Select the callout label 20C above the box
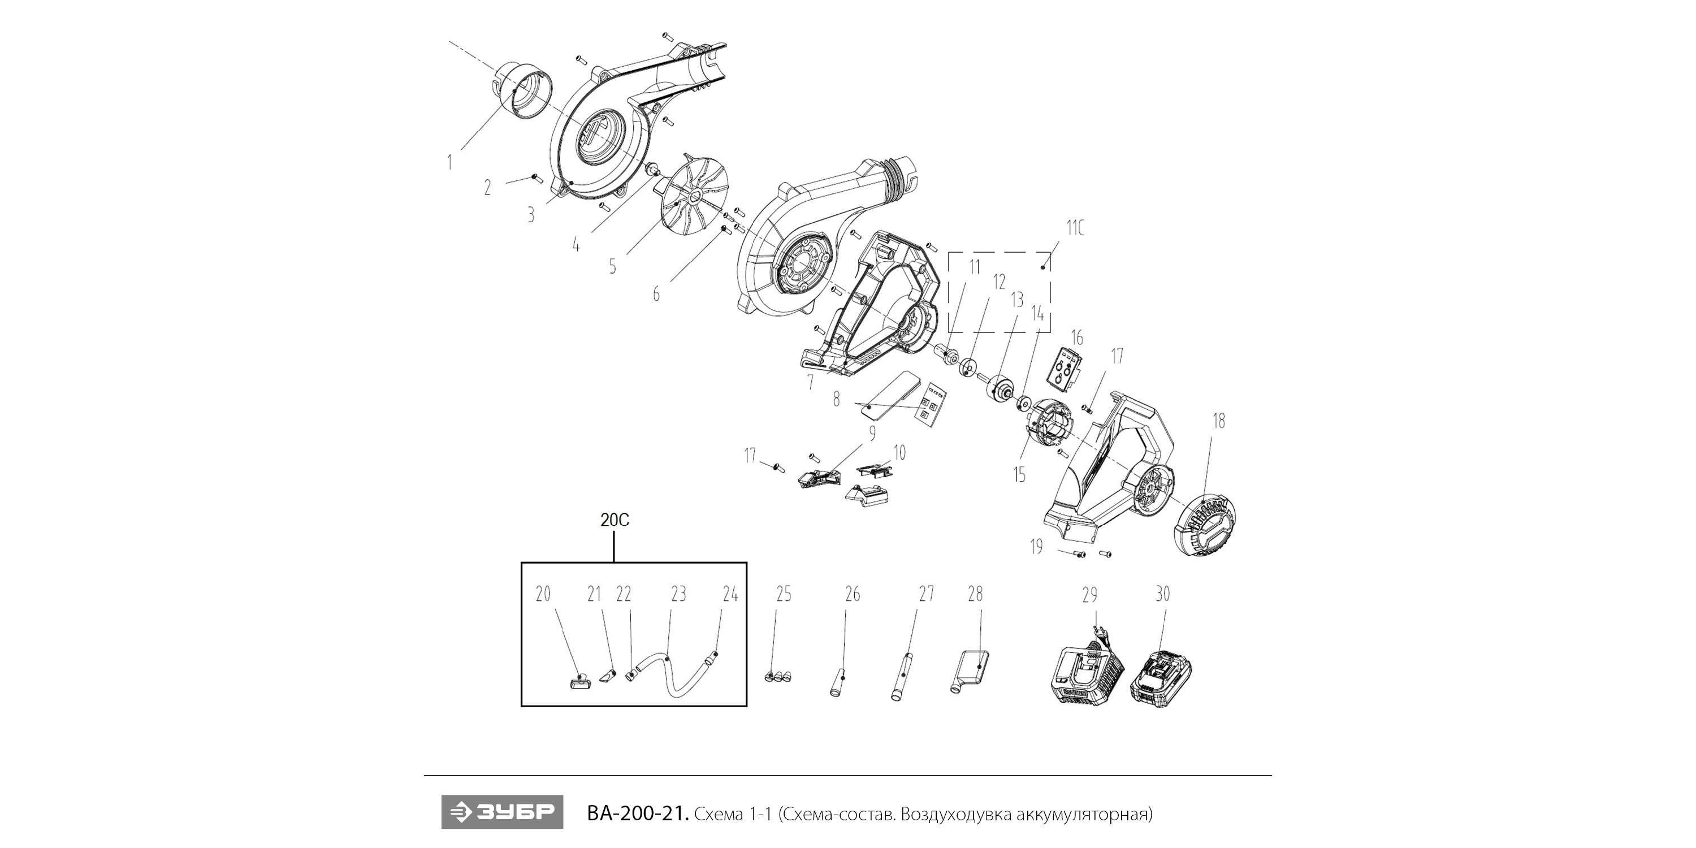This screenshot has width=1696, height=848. point(615,520)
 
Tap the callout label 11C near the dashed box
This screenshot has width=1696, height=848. point(1075,228)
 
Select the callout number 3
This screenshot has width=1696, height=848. point(531,215)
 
